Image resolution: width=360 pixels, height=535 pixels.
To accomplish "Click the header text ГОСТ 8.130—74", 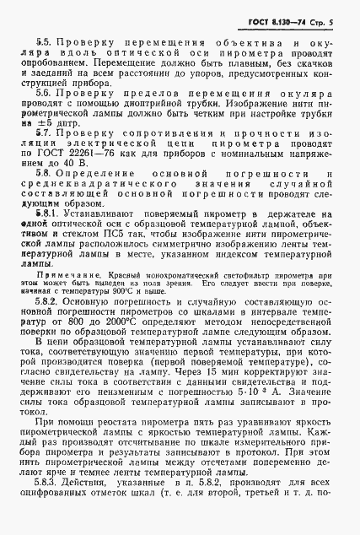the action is pos(289,19).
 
